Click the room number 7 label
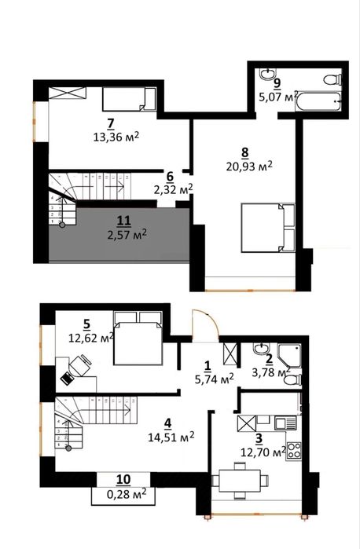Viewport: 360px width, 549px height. click(x=111, y=123)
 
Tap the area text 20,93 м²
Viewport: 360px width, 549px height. click(x=249, y=167)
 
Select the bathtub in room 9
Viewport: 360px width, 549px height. click(x=318, y=101)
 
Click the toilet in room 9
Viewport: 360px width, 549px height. click(x=332, y=79)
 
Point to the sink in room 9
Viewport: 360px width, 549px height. click(x=268, y=75)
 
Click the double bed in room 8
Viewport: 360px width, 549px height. click(x=267, y=227)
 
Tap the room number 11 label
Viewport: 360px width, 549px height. click(x=124, y=221)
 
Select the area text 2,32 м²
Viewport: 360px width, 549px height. click(x=173, y=189)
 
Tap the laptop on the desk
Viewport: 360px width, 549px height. click(x=66, y=379)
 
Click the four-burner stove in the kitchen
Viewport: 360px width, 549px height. click(x=294, y=451)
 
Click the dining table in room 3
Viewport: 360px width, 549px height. click(x=240, y=481)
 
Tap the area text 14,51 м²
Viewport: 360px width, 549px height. click(x=171, y=437)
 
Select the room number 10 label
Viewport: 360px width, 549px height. click(x=124, y=479)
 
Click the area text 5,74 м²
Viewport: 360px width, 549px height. click(x=214, y=379)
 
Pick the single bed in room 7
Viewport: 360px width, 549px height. click(x=129, y=99)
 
